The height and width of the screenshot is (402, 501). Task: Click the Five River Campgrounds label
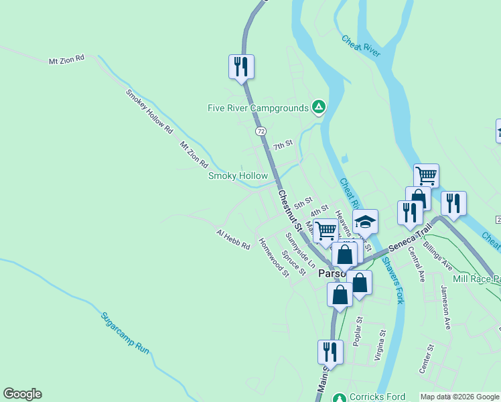(x=258, y=108)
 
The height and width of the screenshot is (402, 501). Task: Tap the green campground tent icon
(x=319, y=107)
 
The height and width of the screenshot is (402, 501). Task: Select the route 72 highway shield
(x=261, y=131)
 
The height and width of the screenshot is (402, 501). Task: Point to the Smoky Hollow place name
(x=238, y=176)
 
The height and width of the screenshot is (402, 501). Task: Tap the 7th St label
(x=283, y=145)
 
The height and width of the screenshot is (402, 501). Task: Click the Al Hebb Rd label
(x=232, y=239)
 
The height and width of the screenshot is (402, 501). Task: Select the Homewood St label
(x=273, y=257)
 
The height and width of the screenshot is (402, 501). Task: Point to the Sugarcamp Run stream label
(x=125, y=332)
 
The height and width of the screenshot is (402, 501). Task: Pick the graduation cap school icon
(x=366, y=222)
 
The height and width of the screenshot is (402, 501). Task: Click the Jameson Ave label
(x=445, y=306)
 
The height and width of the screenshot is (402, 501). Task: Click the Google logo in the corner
(x=22, y=394)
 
